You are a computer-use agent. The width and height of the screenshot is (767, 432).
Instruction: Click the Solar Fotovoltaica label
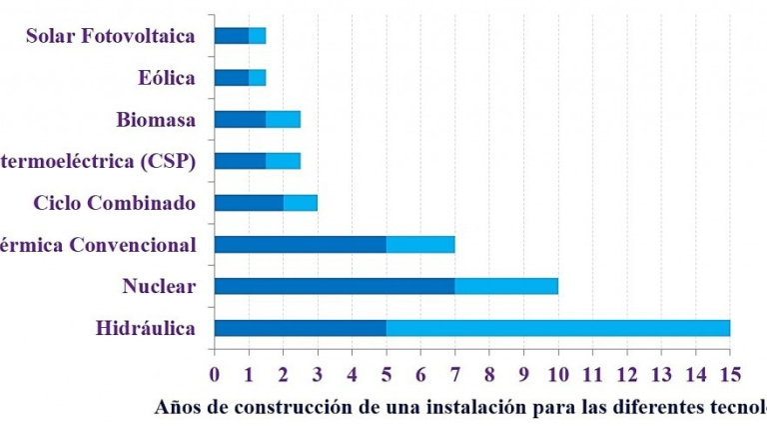[111, 37]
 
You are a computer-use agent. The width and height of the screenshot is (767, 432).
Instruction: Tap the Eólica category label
[168, 78]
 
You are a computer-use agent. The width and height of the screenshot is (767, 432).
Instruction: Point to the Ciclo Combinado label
[114, 203]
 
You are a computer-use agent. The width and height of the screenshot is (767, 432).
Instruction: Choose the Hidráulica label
[146, 328]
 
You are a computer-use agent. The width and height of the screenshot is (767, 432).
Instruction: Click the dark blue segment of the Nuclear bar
[334, 286]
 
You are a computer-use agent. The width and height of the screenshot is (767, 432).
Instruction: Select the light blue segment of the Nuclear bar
[506, 286]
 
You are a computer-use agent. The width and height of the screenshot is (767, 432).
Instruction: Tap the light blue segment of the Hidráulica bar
[557, 328]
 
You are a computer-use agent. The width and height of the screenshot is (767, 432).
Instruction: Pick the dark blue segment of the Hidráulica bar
[300, 328]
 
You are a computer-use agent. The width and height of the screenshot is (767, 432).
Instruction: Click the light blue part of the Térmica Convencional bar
[420, 244]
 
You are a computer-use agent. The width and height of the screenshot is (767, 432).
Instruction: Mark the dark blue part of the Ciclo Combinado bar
[249, 203]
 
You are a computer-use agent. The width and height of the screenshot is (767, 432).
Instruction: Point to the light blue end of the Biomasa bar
[284, 120]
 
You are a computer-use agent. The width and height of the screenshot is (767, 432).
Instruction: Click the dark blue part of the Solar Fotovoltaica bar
[231, 36]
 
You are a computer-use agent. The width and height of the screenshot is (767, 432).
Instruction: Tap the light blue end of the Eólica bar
[258, 78]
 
